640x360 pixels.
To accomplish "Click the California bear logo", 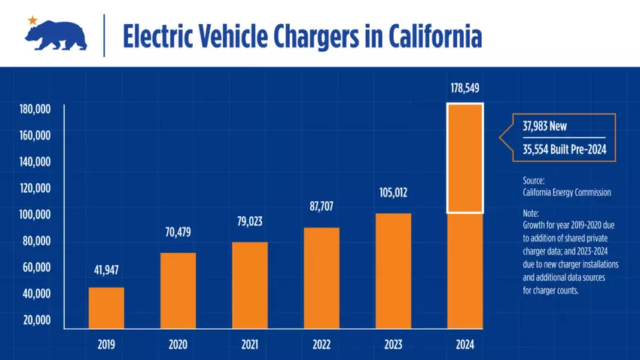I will pyautogui.click(x=58, y=35).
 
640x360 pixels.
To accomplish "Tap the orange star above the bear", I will pyautogui.click(x=32, y=19).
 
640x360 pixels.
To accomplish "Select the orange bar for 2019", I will pyautogui.click(x=106, y=308).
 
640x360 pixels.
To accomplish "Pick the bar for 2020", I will pyautogui.click(x=178, y=291).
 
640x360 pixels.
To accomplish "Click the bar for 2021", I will pyautogui.click(x=249, y=285).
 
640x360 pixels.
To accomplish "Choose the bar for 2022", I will pyautogui.click(x=322, y=278).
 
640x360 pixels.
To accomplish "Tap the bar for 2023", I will pyautogui.click(x=393, y=271).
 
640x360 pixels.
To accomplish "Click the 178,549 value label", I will pyautogui.click(x=465, y=89).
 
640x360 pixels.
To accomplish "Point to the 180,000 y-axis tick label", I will pyautogui.click(x=35, y=109).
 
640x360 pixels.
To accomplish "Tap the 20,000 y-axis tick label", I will pyautogui.click(x=35, y=320).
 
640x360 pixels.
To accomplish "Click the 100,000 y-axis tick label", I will pyautogui.click(x=35, y=215).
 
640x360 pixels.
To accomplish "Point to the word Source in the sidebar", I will pyautogui.click(x=534, y=181).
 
